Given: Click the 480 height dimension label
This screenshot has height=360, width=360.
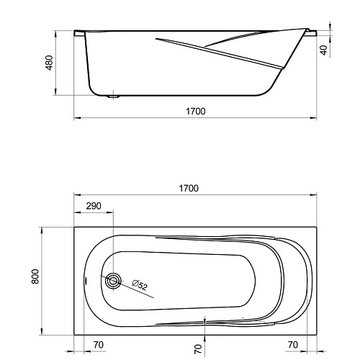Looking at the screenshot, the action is [49, 63].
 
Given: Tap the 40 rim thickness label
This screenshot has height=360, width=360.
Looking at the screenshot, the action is [324, 50].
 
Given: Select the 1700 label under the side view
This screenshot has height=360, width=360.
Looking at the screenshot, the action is [196, 112].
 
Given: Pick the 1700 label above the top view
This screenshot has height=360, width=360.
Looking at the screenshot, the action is [189, 189].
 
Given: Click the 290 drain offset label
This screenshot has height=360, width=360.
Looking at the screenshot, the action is [94, 206].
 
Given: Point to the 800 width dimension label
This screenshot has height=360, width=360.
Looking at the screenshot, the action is [35, 276].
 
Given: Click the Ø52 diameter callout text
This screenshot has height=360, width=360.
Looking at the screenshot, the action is [140, 285].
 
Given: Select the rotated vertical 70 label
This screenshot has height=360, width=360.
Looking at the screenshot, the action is [198, 348].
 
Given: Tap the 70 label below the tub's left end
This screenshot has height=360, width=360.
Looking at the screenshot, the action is [99, 345].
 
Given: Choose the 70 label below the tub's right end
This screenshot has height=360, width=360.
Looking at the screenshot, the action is [293, 345].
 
